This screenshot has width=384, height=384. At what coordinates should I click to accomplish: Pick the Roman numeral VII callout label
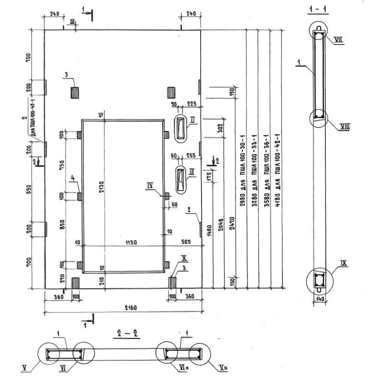(x=338, y=40)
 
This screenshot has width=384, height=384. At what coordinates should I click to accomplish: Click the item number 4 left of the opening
(x=73, y=178)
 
